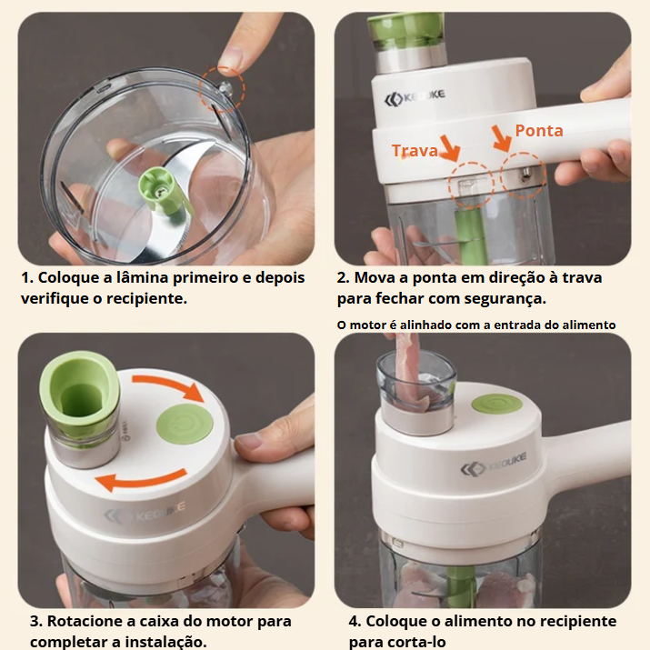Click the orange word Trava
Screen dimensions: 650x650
[415, 151]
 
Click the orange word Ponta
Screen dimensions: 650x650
[539, 131]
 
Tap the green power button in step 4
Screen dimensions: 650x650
[496, 405]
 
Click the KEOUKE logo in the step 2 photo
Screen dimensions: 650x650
[415, 97]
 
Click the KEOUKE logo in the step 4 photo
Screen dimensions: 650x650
[494, 464]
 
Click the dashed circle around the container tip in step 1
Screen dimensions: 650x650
[222, 89]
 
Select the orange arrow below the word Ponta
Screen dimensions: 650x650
[502, 138]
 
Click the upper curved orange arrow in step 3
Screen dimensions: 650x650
[170, 385]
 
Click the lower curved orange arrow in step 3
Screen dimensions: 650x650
[141, 479]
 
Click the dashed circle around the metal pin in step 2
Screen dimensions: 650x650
[523, 175]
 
